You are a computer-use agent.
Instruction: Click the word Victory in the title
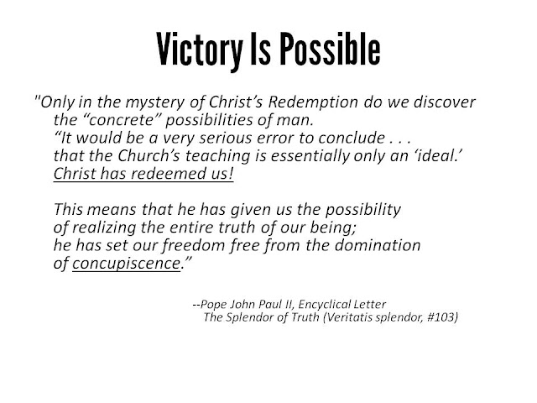200,50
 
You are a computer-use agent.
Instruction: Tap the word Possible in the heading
331,49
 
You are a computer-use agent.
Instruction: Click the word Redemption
313,102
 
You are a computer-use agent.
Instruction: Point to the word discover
445,102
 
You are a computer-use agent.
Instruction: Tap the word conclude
352,138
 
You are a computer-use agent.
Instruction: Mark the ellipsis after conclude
399,142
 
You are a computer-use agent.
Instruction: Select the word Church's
149,155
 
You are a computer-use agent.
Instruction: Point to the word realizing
104,228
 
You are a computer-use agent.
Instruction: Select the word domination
378,245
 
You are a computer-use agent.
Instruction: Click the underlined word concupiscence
126,264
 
